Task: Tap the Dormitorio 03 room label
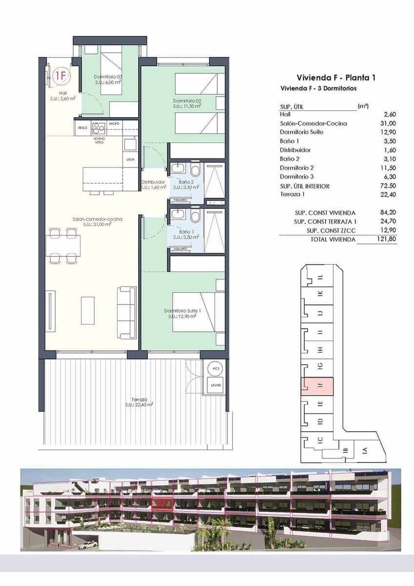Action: pyautogui.click(x=108, y=80)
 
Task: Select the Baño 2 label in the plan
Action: pyautogui.click(x=186, y=184)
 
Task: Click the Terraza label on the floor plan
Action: pyautogui.click(x=139, y=401)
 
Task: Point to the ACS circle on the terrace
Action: pyautogui.click(x=214, y=368)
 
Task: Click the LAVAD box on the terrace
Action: pyautogui.click(x=215, y=385)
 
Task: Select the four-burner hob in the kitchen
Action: pyautogui.click(x=99, y=128)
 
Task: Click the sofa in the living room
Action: pyautogui.click(x=127, y=313)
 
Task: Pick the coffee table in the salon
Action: pyautogui.click(x=88, y=310)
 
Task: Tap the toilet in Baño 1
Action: pyautogui.click(x=195, y=216)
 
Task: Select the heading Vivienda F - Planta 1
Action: pyautogui.click(x=336, y=78)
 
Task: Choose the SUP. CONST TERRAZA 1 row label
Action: pyautogui.click(x=325, y=222)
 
